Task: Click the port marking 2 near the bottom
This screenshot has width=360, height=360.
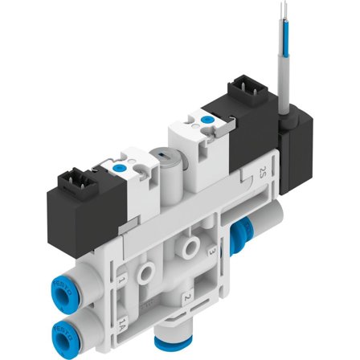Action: point(187,298)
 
